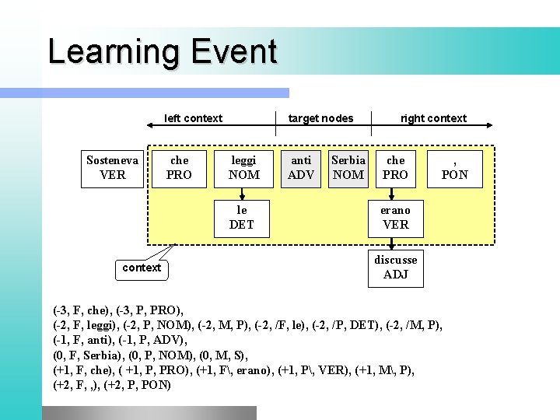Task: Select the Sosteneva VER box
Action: [113, 168]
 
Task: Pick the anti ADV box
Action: [301, 168]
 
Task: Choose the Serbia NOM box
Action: [348, 168]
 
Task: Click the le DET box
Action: [242, 218]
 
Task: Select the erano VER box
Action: [395, 218]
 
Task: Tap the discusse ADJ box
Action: [395, 267]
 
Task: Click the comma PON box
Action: [455, 168]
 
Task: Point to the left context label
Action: [193, 118]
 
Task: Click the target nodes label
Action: [320, 118]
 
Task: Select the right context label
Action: [433, 118]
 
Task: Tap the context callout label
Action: [142, 268]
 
